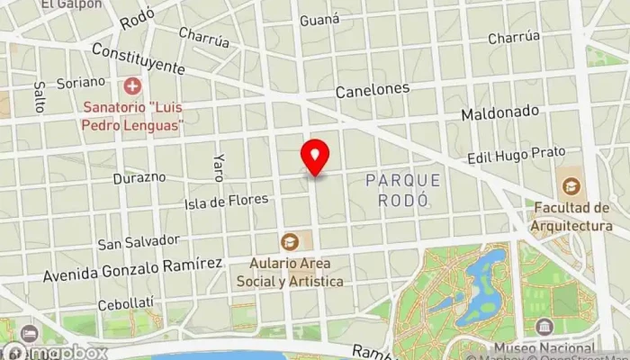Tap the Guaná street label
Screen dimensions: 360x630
319,19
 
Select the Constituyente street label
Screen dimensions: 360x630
138,60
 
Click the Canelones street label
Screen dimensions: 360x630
373,91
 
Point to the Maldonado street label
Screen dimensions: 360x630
499,113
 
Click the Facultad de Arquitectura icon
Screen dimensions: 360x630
570,188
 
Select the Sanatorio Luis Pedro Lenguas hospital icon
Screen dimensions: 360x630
133,87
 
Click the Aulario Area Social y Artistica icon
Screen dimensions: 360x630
290,241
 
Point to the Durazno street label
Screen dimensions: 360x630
139,177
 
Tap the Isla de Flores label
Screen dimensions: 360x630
226,200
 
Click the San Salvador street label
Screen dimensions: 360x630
139,242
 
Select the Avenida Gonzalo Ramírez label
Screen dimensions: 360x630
132,267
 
